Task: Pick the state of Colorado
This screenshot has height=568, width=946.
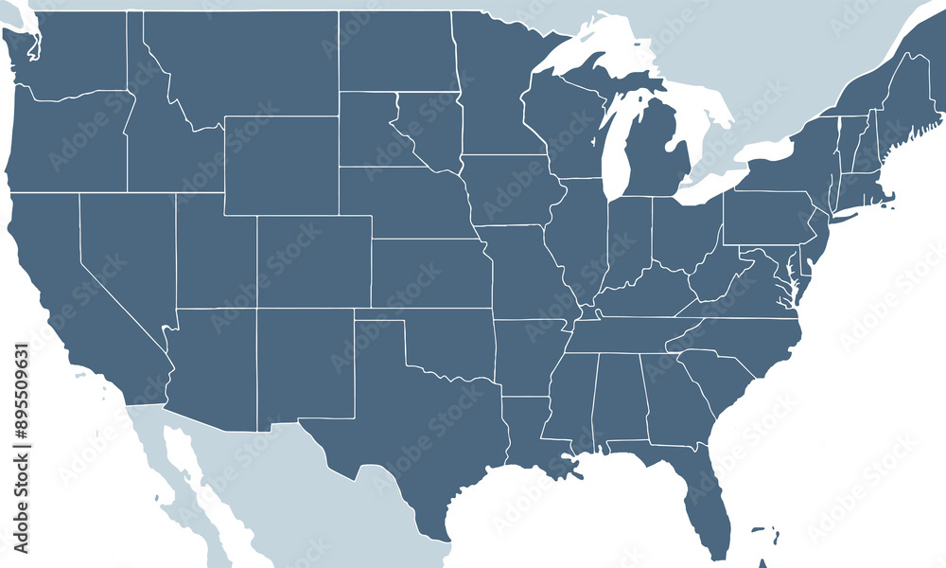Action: coord(312,260)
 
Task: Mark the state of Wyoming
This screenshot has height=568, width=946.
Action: coord(281,166)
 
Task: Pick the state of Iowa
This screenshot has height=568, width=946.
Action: coord(511,189)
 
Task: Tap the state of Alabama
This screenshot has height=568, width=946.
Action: coord(620,398)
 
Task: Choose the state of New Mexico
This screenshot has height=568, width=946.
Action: coord(303,364)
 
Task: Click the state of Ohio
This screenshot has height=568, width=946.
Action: coord(683,232)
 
